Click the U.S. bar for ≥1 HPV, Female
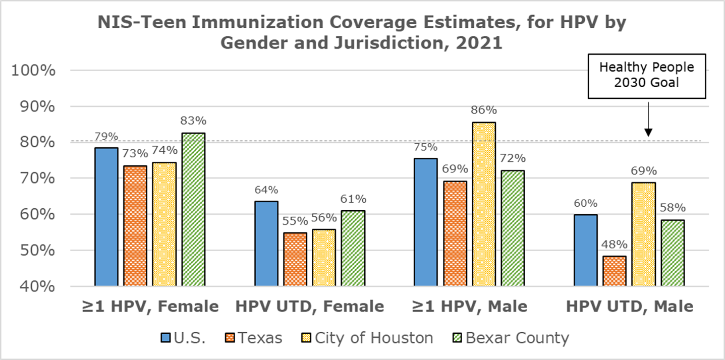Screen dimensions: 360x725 tap(106, 217)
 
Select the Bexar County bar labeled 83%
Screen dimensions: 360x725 tap(193, 209)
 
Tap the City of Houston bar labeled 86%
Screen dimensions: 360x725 tap(483, 204)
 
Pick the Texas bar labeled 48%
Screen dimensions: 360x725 tap(614, 271)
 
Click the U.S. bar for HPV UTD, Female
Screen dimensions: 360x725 tap(266, 244)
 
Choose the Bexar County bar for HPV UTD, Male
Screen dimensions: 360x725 tap(672, 253)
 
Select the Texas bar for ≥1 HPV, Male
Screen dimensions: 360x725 tap(455, 233)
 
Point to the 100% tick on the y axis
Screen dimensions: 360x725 tap(33, 71)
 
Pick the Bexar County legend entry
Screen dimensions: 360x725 tap(509, 338)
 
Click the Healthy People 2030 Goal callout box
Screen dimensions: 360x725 tap(646, 75)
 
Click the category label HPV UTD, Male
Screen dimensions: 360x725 tap(629, 306)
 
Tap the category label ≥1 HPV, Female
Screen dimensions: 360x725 tap(151, 306)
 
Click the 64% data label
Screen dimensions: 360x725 tap(266, 190)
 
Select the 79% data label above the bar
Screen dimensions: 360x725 tap(106, 137)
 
